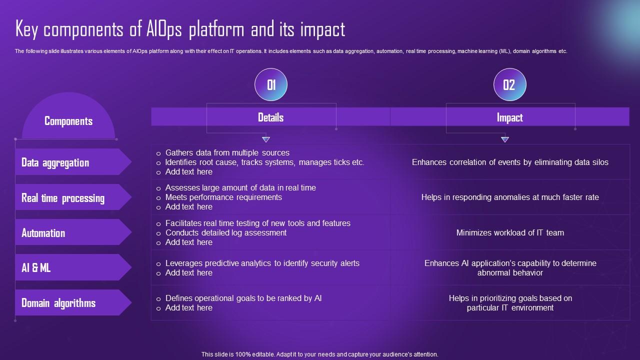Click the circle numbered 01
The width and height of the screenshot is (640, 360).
click(271, 84)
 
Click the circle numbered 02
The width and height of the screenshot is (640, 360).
click(509, 84)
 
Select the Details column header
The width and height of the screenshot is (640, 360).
click(270, 117)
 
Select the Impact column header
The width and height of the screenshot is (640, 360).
click(509, 117)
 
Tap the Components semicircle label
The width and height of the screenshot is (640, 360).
click(68, 121)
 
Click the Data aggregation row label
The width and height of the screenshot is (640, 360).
click(55, 162)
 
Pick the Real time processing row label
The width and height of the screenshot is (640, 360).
click(63, 198)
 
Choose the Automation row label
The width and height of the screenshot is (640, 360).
click(43, 233)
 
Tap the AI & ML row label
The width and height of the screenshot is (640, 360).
click(36, 268)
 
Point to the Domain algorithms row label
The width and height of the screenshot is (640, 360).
click(58, 303)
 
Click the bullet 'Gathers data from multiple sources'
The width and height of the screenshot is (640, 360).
click(227, 153)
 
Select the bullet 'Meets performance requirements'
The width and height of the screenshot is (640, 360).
click(223, 197)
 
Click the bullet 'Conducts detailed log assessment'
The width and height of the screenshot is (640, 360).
click(226, 233)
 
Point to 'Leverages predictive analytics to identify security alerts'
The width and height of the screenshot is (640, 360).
click(262, 263)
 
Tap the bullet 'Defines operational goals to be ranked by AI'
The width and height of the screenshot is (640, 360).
click(243, 298)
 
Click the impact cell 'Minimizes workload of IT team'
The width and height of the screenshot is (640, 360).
click(510, 233)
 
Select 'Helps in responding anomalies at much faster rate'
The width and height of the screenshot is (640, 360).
click(510, 197)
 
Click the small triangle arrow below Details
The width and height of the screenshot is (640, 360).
click(266, 139)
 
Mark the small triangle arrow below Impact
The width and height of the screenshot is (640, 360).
click(505, 139)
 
